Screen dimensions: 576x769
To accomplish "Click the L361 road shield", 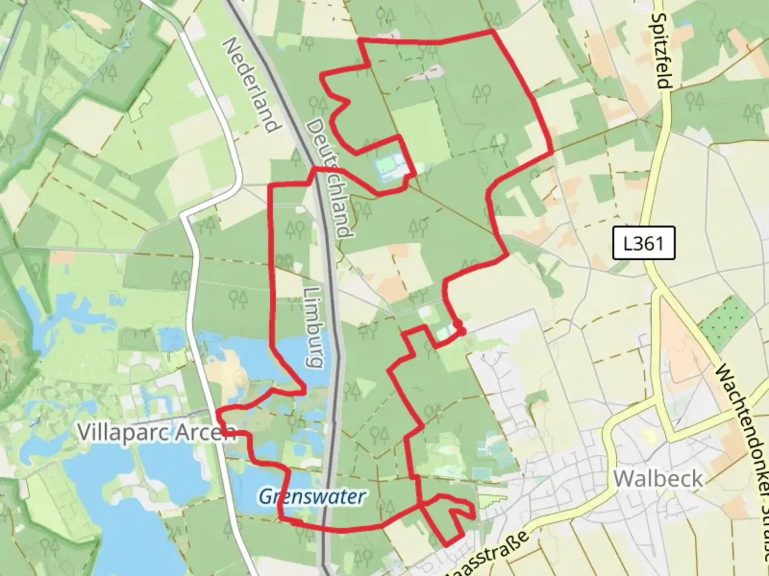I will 644,243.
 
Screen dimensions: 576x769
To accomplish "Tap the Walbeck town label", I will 658,478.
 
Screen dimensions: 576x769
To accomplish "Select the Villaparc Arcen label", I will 156,432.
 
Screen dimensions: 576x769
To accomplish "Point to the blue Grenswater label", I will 312,497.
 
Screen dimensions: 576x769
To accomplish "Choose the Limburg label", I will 313,327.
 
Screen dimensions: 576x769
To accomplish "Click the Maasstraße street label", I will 488,554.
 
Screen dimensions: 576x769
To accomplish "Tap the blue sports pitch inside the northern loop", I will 393,166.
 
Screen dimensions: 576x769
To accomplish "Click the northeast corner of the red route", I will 492,31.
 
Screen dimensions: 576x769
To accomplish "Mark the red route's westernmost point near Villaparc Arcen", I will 218,411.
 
